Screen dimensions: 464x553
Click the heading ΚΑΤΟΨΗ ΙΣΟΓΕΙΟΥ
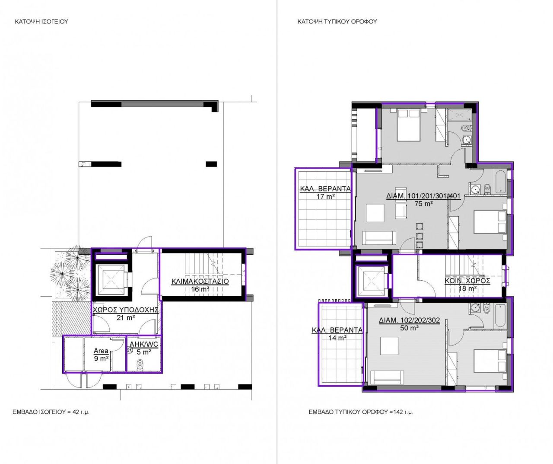click(x=41, y=21)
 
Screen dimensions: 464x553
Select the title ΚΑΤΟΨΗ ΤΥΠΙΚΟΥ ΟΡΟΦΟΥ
click(x=337, y=21)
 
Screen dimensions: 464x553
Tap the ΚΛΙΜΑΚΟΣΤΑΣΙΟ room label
click(x=200, y=281)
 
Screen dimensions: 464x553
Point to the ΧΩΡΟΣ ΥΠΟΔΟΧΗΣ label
click(x=126, y=310)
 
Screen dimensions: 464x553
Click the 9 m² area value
click(x=101, y=358)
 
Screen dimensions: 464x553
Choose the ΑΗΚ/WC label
click(x=144, y=345)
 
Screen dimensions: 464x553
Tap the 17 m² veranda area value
click(x=325, y=196)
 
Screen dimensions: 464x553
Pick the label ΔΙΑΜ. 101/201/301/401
click(x=423, y=196)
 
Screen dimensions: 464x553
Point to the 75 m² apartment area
click(x=423, y=204)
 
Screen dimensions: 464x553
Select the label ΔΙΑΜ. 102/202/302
click(x=409, y=320)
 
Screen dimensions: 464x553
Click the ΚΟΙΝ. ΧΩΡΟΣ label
click(x=467, y=281)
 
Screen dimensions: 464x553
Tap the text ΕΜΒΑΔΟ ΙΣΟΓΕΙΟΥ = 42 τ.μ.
click(x=51, y=412)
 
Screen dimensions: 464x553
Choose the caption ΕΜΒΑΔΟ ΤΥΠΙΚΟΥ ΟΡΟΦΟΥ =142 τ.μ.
click(x=361, y=412)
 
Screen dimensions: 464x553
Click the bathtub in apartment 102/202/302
click(x=500, y=314)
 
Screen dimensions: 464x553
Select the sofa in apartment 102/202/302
click(x=388, y=377)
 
